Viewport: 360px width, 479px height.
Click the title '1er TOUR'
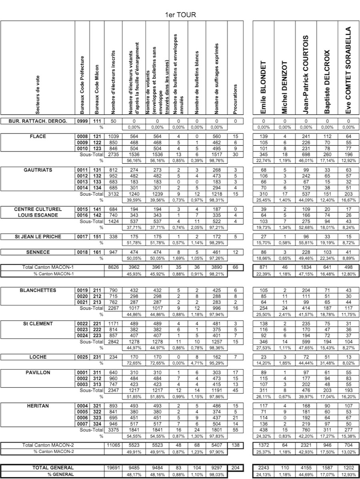tap(180, 15)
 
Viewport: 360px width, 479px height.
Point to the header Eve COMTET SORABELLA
tap(348, 70)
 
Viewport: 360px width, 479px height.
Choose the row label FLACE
tap(38, 136)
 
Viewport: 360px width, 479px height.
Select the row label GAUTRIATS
tap(38, 170)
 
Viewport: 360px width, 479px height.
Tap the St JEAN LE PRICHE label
tap(38, 236)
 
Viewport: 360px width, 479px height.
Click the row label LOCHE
tap(38, 357)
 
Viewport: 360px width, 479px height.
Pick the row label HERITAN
tap(38, 406)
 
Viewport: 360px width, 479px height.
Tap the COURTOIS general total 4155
tap(306, 468)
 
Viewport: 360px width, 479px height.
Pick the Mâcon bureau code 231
tap(96, 357)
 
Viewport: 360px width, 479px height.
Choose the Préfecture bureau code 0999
tap(82, 120)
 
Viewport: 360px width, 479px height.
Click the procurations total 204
tap(235, 468)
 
